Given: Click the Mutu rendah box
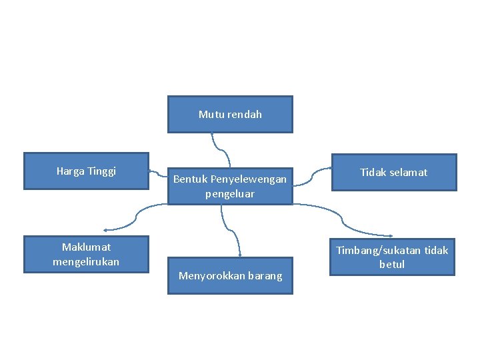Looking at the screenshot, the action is (230, 114).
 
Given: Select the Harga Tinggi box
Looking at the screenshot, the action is (86, 171).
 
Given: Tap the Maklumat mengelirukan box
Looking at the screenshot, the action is (86, 254).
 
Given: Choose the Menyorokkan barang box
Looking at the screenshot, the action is (230, 276).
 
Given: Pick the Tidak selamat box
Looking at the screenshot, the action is (393, 172).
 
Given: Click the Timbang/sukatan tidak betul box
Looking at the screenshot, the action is (392, 257).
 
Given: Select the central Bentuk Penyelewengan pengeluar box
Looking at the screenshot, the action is (230, 186).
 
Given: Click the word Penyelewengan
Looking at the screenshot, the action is (249, 179).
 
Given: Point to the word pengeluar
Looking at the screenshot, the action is (230, 193).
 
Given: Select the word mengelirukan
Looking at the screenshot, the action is (86, 261).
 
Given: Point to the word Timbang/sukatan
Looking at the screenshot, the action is (378, 250).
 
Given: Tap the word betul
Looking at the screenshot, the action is (392, 264).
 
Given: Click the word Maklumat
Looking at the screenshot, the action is (87, 247).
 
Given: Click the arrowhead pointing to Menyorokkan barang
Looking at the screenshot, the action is (239, 253).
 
